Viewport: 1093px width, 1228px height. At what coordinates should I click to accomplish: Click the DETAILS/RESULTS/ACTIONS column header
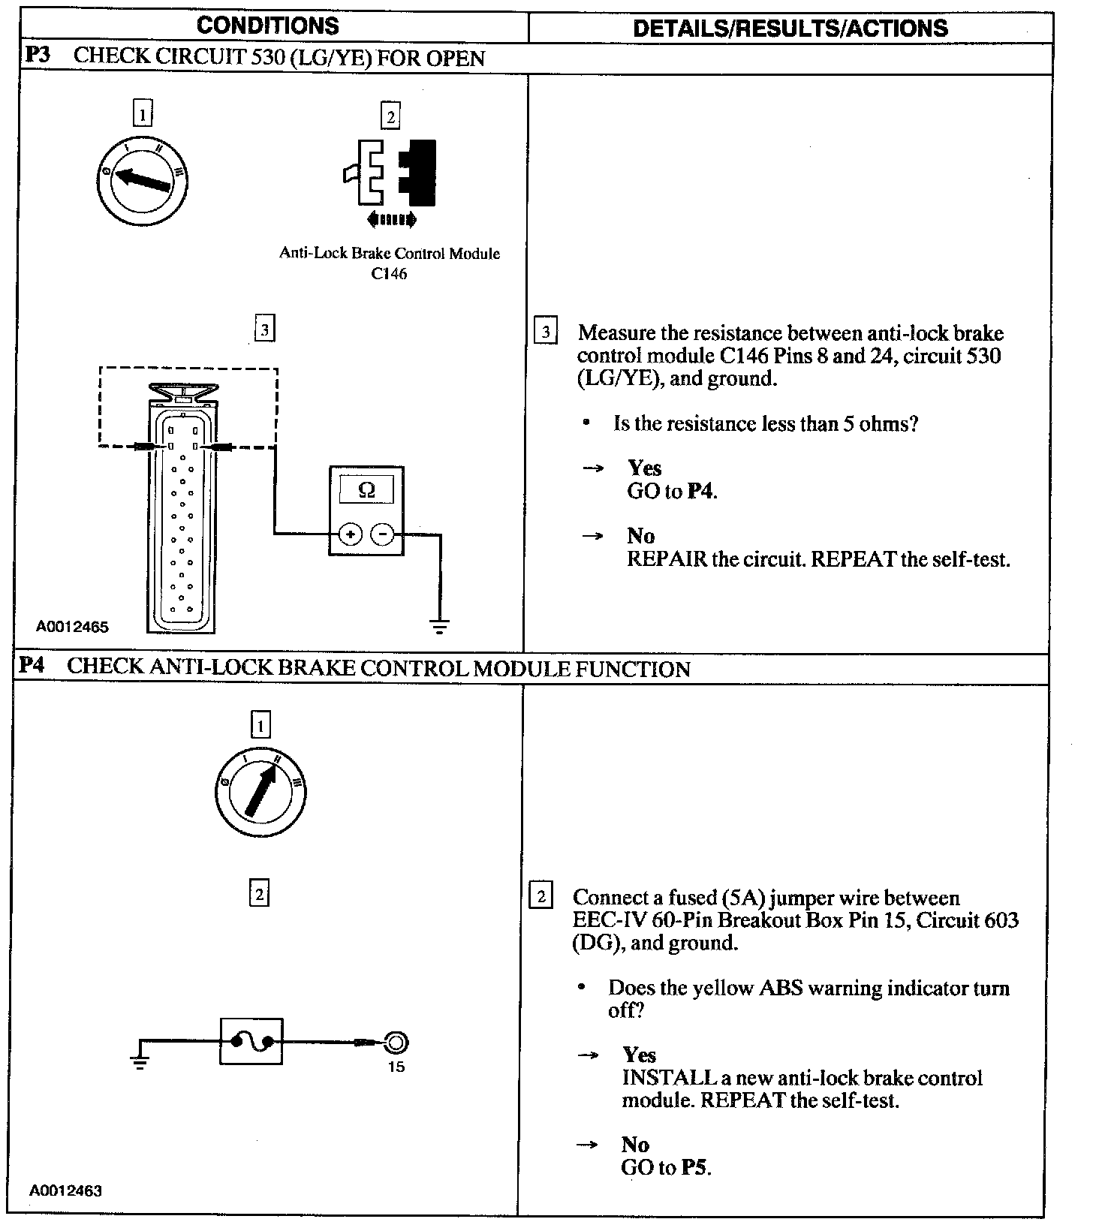pos(790,29)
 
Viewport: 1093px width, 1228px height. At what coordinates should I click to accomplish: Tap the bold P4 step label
pos(33,667)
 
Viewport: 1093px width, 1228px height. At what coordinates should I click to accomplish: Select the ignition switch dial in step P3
pos(143,179)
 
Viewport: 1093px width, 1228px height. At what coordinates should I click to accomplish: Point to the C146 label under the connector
pos(389,274)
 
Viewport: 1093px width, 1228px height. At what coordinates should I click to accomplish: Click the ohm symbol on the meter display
pos(366,491)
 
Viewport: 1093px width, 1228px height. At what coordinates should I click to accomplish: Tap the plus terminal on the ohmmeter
pos(350,534)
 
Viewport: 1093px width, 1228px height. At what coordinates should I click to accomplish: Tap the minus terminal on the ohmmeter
pos(383,534)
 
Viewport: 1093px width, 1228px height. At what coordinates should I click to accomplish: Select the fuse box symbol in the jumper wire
pos(251,1041)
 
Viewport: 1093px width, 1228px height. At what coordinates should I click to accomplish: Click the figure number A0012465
pos(72,627)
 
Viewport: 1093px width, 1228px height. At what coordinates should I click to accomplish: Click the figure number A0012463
pos(66,1190)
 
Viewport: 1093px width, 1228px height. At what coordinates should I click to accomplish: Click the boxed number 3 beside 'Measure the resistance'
pos(546,332)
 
